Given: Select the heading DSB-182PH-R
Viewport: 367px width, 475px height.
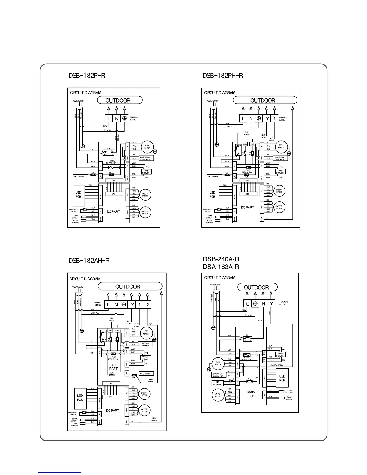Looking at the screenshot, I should (223, 75).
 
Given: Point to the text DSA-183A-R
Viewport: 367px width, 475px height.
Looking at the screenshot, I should (221, 267).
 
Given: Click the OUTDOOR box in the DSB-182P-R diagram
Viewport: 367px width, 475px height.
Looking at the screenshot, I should (120, 100).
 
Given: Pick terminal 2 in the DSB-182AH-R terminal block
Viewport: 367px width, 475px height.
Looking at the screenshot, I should (147, 305).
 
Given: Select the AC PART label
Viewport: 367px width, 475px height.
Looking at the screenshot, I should (113, 367).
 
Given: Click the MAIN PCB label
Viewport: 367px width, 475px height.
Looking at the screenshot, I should (251, 394).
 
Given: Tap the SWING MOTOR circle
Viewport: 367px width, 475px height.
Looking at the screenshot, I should (218, 395).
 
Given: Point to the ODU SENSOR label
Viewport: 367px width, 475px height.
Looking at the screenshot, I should (154, 420).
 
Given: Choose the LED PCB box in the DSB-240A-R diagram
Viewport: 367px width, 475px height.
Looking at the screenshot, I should (282, 378).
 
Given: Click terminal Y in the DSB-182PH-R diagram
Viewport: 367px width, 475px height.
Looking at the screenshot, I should (267, 118).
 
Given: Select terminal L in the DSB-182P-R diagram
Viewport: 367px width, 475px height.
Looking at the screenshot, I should (109, 118).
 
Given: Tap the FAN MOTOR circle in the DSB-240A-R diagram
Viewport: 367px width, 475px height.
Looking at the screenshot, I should (218, 363).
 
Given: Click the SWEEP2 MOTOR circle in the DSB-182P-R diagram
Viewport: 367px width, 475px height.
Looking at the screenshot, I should (145, 212).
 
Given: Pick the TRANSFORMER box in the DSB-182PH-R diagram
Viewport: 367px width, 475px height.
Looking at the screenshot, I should (280, 172).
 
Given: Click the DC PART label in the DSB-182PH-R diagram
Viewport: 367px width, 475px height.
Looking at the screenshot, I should (247, 207).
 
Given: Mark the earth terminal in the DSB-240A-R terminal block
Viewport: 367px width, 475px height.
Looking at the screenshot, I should (255, 304).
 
